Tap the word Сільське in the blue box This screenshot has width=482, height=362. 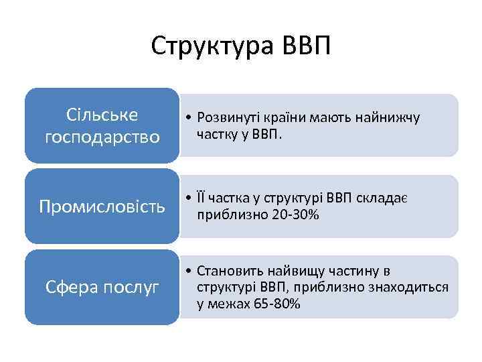(102, 115)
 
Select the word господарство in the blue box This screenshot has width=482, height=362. (102, 137)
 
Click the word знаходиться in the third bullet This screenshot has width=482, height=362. (410, 288)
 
